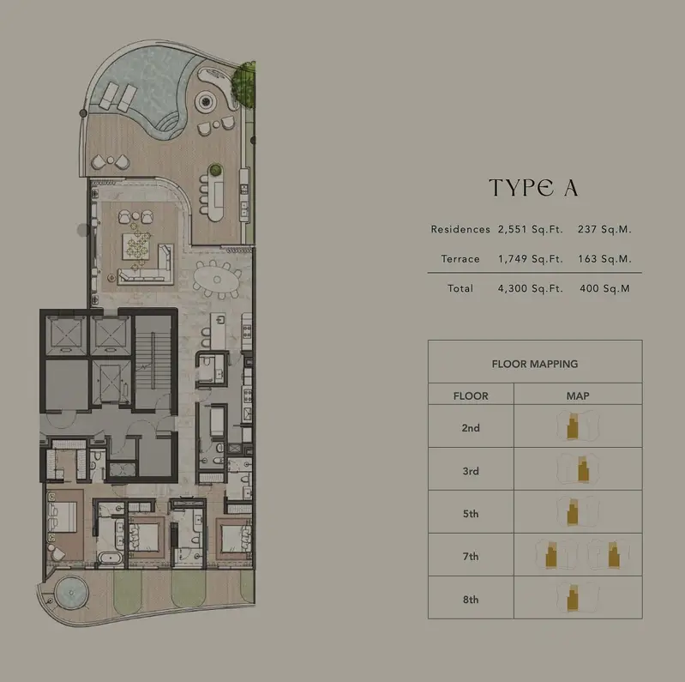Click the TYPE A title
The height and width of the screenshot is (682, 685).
coord(534,188)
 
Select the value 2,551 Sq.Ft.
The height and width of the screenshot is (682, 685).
coord(531,229)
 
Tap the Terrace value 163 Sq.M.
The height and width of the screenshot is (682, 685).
coord(604,259)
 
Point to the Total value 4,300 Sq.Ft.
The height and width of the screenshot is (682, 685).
coord(531,288)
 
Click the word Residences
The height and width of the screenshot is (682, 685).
coord(460,229)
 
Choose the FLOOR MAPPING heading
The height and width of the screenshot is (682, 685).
coord(535,364)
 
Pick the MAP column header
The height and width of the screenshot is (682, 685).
coord(578,395)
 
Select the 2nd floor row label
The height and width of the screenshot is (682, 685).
coord(471,427)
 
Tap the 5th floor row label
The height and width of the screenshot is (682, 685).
coord(471,514)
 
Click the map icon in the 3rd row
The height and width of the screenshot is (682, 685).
coord(578,469)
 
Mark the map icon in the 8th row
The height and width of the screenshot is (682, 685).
coord(578,598)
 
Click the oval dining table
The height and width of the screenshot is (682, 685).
coord(217,280)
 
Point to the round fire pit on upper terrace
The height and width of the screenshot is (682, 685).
coord(207,102)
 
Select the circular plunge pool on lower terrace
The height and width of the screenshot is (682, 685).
coord(71,593)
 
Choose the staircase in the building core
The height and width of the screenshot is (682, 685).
coord(153,360)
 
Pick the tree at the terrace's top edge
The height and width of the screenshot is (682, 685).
coord(243,84)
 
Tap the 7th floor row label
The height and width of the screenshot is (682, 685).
coord(471,557)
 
